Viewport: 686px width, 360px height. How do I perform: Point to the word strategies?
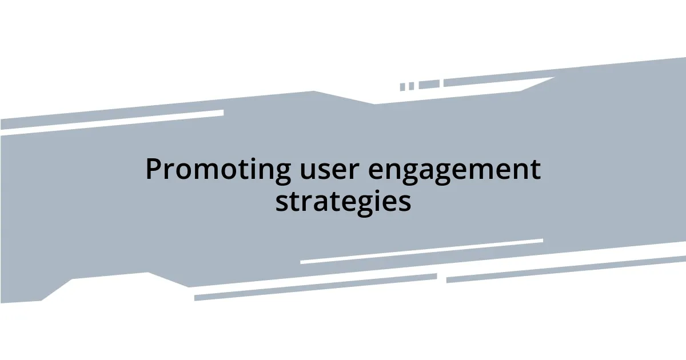click(343, 202)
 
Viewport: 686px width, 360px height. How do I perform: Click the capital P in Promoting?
click(153, 169)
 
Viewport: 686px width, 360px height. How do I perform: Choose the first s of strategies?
click(281, 203)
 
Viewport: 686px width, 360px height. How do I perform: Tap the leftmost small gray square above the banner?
click(402, 87)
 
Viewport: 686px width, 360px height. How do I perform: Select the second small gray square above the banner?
click(411, 86)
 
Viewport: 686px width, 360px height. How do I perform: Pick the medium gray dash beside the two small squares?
click(429, 85)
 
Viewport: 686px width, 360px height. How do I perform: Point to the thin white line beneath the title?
click(421, 251)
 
